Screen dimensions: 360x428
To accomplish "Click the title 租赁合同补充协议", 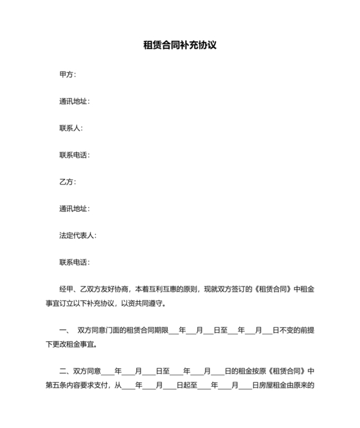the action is pos(180,46).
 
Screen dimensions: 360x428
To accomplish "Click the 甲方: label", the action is pos(67,74).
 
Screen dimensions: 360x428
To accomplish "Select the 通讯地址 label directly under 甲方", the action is pos(74,101).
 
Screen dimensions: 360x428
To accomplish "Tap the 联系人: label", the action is pos(71,128).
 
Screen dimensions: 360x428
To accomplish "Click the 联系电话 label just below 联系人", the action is pos(74,155).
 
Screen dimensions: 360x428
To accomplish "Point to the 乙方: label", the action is pos(67,182).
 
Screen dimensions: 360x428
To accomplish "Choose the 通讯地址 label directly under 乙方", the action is pos(74,209).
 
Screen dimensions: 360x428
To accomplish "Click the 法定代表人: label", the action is pos(77,236).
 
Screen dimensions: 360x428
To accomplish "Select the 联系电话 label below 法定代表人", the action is pos(74,263).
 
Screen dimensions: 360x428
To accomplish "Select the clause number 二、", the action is pos(65,371).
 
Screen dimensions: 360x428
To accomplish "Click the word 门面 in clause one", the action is pos(118,330).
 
